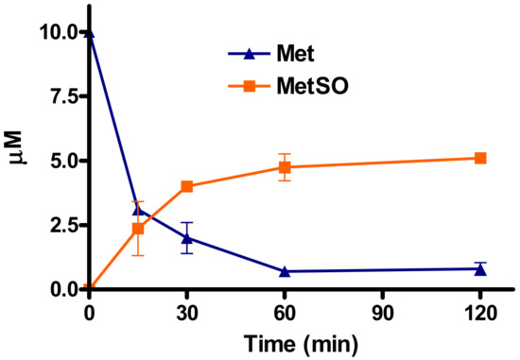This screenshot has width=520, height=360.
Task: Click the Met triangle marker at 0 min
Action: (x=89, y=32)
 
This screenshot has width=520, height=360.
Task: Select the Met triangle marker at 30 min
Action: (x=186, y=237)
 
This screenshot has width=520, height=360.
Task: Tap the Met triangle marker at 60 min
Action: (x=285, y=271)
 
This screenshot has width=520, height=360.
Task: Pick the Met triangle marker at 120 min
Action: (x=480, y=268)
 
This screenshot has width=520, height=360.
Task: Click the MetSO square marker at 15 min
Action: (x=138, y=229)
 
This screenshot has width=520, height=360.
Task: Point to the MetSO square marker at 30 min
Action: (x=186, y=186)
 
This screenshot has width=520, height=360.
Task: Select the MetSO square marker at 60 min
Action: (x=285, y=167)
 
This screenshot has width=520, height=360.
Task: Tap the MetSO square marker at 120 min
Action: (x=480, y=158)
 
